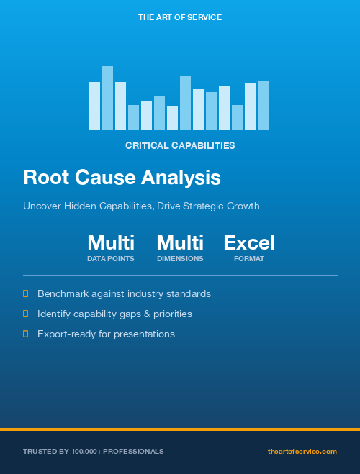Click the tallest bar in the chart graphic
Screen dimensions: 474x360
click(x=107, y=98)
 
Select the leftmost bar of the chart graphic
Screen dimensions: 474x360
click(x=94, y=106)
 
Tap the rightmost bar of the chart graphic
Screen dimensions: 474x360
click(x=263, y=105)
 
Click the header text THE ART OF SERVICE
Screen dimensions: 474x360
click(x=180, y=17)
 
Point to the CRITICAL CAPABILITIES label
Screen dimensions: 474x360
click(x=180, y=145)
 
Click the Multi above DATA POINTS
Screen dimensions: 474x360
click(x=111, y=242)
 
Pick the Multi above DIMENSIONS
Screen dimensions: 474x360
click(x=180, y=242)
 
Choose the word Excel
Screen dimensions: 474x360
click(x=249, y=242)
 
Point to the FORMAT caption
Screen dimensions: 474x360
click(x=249, y=258)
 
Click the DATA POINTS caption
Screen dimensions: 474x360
click(x=111, y=258)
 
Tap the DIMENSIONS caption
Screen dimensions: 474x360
click(x=180, y=258)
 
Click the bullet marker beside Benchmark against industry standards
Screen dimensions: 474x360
click(x=25, y=293)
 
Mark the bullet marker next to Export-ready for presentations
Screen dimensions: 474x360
click(x=25, y=334)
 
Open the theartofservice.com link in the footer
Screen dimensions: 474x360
click(x=302, y=451)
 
